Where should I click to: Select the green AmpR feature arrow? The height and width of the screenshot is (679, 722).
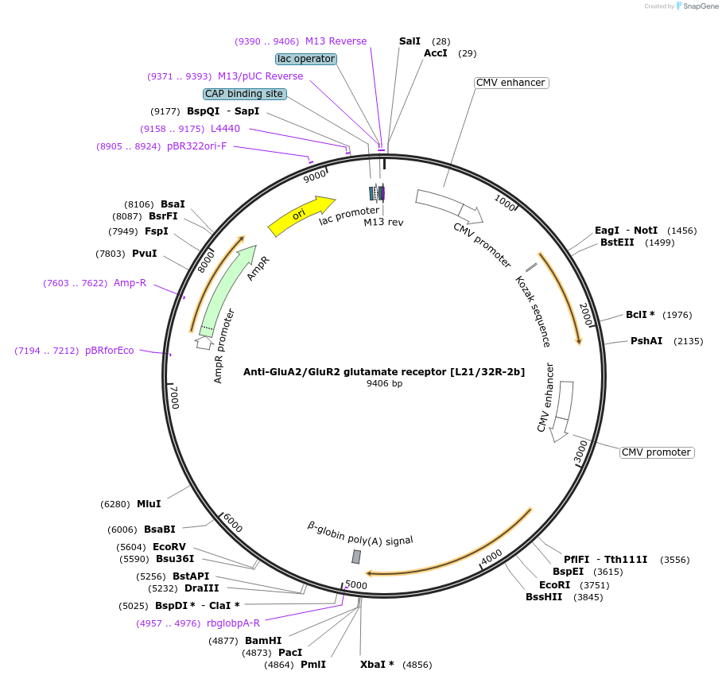coord(229,290)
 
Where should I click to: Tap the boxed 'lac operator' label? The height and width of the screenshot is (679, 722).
coord(306,59)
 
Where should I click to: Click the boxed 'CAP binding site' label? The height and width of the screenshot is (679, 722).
coord(244,94)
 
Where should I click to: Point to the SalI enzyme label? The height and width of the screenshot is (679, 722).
coord(410,41)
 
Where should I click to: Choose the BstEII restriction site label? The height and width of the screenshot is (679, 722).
coord(617,242)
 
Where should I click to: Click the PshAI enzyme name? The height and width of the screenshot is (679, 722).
coord(646,341)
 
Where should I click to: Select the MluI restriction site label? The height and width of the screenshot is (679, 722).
coord(149,503)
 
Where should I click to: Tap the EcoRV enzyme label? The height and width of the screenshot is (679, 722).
coord(169,547)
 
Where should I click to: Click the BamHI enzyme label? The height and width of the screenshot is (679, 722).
coord(263,641)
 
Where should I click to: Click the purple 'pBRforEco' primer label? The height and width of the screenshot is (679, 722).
coord(110,351)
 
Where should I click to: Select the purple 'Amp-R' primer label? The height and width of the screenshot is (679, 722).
coord(130,283)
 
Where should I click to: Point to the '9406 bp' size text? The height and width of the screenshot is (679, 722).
coord(384,383)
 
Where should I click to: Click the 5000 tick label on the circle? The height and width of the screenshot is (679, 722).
coord(356,585)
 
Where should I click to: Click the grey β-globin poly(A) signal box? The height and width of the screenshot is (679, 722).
coord(356,557)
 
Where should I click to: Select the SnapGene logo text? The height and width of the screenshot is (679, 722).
coord(701,6)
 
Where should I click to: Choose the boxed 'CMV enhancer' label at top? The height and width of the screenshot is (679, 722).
coord(510,83)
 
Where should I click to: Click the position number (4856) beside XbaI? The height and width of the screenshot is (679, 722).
coord(417,665)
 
